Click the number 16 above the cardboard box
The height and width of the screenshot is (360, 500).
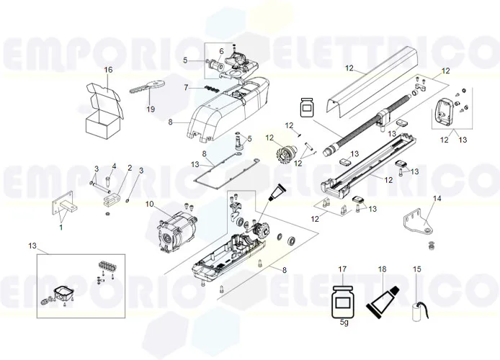109,70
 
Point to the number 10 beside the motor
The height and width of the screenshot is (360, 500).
150,204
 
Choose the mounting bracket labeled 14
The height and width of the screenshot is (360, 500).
417,221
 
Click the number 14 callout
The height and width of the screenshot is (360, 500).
437,197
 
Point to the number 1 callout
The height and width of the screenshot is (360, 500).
61,228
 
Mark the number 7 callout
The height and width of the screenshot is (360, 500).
186,87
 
